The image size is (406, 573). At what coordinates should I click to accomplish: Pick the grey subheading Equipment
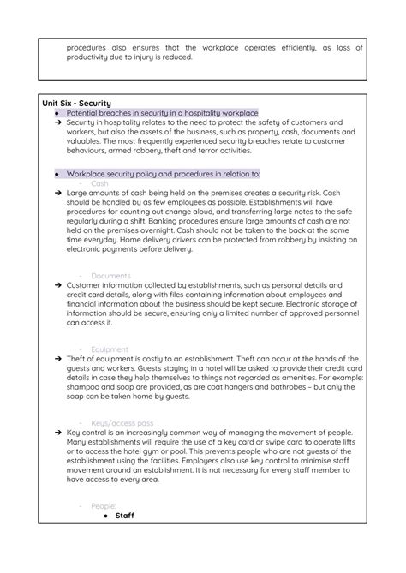[x=110, y=349]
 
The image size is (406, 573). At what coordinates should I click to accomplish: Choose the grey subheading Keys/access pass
[x=122, y=423]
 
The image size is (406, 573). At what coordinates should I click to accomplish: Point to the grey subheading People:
[x=104, y=506]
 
